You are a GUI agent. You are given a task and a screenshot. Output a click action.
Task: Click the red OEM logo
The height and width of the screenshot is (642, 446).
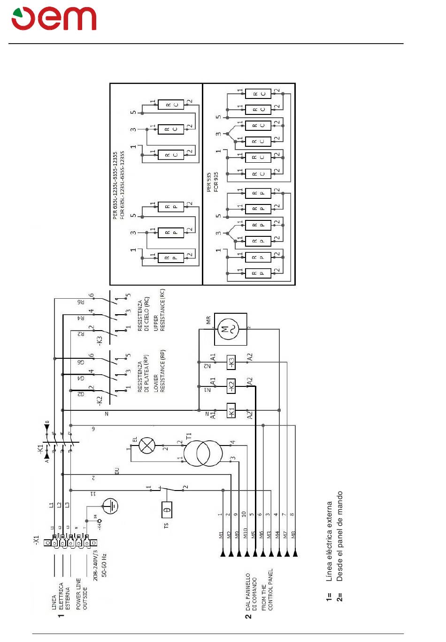pos(54,19)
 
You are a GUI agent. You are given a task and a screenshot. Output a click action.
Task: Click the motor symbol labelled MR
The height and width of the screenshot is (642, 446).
pos(231,329)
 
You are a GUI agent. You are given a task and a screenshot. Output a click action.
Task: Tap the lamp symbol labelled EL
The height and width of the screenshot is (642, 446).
pos(147,445)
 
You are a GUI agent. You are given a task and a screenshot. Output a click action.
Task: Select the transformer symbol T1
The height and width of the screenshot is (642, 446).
pos(203,453)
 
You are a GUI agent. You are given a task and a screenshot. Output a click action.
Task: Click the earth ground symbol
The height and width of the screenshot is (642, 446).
pos(110,506)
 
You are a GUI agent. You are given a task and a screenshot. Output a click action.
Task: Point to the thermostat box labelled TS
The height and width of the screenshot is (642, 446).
pos(167,509)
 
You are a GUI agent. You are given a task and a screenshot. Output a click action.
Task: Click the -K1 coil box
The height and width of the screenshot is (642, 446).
pos(231,410)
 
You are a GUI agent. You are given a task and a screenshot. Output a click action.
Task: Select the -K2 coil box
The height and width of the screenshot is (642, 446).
pos(231,386)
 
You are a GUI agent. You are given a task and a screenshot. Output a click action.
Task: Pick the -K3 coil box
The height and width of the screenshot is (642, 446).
pos(231,362)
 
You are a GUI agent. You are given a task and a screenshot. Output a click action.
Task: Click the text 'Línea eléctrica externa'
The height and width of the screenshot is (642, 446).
pos(330,541)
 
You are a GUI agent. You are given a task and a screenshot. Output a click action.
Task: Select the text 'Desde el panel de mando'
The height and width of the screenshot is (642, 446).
pos(340,536)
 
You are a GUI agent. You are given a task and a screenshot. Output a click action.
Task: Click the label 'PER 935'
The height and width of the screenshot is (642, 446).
pos(209,181)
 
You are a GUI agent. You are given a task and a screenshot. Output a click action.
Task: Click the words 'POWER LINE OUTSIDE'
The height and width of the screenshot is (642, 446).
pos(82,593)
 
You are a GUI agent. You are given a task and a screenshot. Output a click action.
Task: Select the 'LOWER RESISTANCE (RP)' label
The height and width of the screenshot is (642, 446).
pos(159,371)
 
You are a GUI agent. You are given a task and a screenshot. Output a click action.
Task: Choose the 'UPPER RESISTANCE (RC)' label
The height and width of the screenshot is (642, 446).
pos(159,310)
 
